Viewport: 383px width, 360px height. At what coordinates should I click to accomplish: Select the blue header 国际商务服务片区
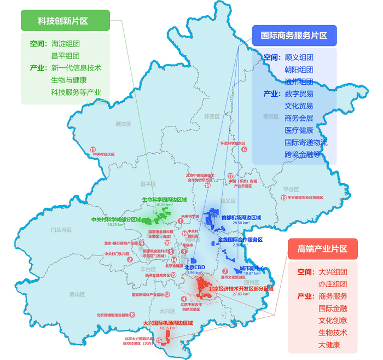(x=294, y=36)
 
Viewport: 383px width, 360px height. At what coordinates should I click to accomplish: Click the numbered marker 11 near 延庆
(x=93, y=149)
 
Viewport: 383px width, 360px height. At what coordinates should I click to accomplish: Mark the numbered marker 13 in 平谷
(x=283, y=198)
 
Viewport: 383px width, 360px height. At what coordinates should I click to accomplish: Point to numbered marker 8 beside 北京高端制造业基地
(x=132, y=315)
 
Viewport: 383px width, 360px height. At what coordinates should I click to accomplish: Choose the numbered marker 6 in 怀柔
(x=245, y=148)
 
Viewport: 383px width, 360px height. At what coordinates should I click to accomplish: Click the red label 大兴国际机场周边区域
(x=169, y=323)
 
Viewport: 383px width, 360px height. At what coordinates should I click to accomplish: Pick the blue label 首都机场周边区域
(x=241, y=217)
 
